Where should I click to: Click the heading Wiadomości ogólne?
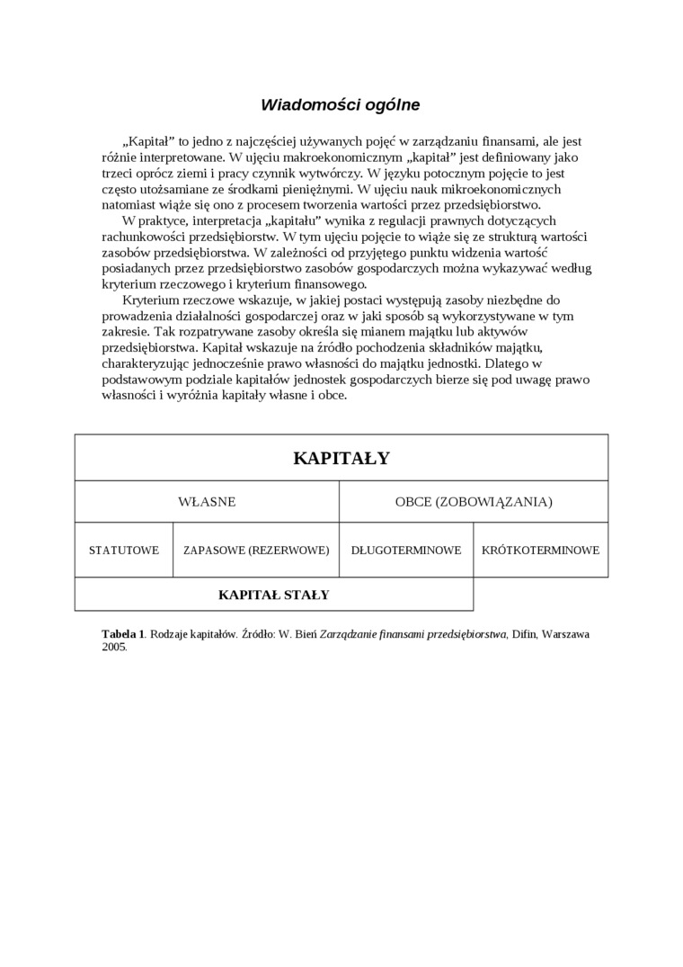pos(340,104)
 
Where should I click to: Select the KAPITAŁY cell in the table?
pos(341,459)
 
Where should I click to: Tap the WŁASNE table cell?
pos(207,502)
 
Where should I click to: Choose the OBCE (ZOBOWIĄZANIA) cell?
pos(474,502)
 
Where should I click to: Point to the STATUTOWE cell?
pos(124,550)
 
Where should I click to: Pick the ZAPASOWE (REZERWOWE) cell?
pos(256,550)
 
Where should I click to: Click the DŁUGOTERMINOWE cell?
pos(406,550)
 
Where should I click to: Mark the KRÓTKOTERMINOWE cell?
pos(540,550)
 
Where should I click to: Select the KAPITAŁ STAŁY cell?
pos(274,595)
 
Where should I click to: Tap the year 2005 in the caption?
pos(113,647)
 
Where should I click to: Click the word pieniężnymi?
pos(316,189)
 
